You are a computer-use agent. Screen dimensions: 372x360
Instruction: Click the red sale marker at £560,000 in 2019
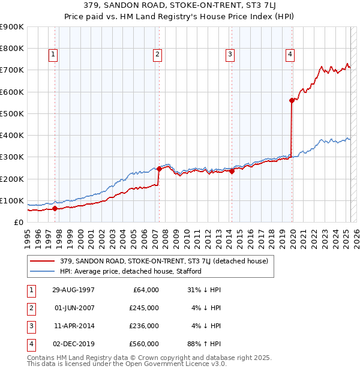tap(292, 101)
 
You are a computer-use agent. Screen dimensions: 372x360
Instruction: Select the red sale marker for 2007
tap(159, 169)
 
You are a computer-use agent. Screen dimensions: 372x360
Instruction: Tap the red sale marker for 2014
tap(232, 171)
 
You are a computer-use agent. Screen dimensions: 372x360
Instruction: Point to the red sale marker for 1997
tap(55, 209)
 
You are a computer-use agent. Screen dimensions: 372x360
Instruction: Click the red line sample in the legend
tap(43, 261)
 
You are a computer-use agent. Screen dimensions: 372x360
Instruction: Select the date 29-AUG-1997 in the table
tap(73, 290)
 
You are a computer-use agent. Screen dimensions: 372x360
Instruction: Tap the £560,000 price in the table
tap(145, 344)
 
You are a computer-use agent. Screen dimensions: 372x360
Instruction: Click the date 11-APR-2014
tap(73, 326)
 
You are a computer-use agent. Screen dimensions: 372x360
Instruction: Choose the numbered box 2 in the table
tap(30, 308)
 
